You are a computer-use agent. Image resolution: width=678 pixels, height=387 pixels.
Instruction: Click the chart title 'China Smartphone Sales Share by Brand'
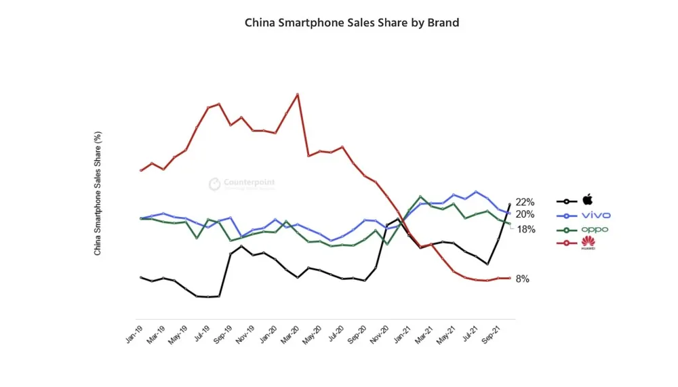pyautogui.click(x=352, y=22)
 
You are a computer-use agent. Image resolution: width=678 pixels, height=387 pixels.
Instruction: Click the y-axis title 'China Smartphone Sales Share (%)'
pyautogui.click(x=98, y=193)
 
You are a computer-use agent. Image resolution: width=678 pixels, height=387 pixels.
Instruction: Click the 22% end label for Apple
pyautogui.click(x=525, y=202)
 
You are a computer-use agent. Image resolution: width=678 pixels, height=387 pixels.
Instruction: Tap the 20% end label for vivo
pyautogui.click(x=525, y=214)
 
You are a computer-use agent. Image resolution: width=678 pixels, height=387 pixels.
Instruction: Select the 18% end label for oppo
pyautogui.click(x=527, y=229)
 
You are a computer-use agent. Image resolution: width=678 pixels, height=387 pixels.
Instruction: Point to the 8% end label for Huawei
pyautogui.click(x=522, y=279)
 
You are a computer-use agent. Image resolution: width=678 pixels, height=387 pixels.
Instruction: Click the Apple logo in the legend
pyautogui.click(x=588, y=200)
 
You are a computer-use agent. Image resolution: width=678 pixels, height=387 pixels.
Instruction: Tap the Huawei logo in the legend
pyautogui.click(x=587, y=243)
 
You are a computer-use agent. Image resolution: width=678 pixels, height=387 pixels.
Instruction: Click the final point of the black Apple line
pyautogui.click(x=510, y=204)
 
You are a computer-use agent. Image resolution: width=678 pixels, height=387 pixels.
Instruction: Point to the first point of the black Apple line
pyautogui.click(x=140, y=277)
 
